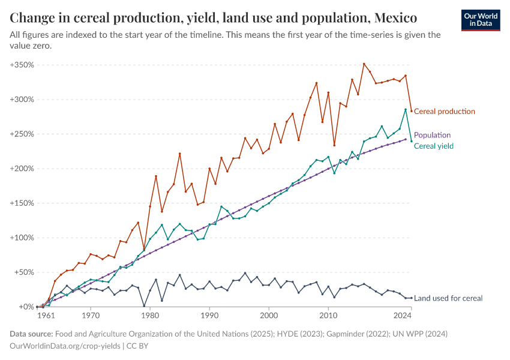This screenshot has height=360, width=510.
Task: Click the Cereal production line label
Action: click(444, 112)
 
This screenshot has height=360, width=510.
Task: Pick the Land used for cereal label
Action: click(448, 298)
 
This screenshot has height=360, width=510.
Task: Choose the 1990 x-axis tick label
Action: click(209, 314)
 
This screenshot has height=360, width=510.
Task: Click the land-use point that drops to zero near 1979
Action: click(144, 306)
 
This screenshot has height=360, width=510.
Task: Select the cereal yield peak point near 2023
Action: click(406, 110)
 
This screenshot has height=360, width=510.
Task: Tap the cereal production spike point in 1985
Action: click(179, 154)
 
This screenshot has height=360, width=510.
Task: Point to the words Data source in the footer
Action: click(31, 334)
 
